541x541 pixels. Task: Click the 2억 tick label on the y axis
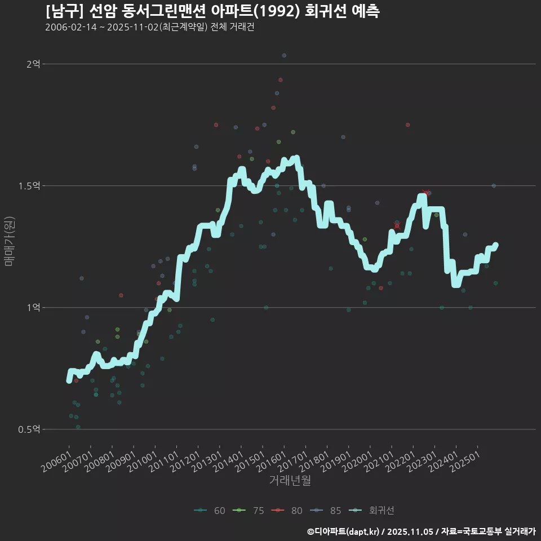(x=33, y=64)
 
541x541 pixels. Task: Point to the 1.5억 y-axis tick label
(x=30, y=186)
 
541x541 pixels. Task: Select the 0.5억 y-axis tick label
(x=30, y=429)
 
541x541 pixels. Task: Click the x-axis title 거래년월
(x=290, y=480)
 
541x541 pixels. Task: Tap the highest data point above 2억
(x=284, y=55)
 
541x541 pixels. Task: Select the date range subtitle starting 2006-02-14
(x=149, y=27)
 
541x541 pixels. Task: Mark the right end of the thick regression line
(x=495, y=245)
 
